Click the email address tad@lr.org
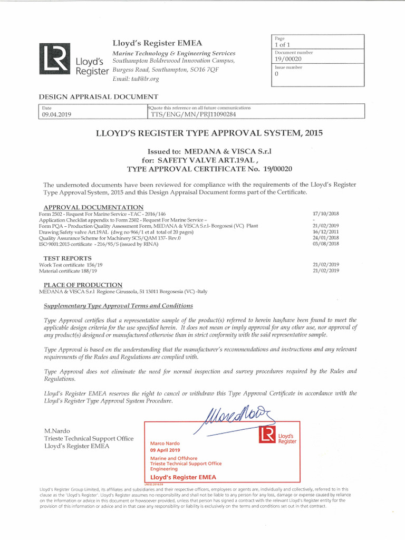[136, 79]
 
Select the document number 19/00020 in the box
[288, 59]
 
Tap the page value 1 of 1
[283, 45]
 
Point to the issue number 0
[276, 74]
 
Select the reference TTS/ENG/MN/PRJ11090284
[193, 114]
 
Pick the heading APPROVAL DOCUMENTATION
[93, 207]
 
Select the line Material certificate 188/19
[68, 271]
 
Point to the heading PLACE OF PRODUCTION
[83, 285]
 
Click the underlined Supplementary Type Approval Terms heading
[118, 306]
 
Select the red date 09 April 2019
[165, 450]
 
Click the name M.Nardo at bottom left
[56, 431]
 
